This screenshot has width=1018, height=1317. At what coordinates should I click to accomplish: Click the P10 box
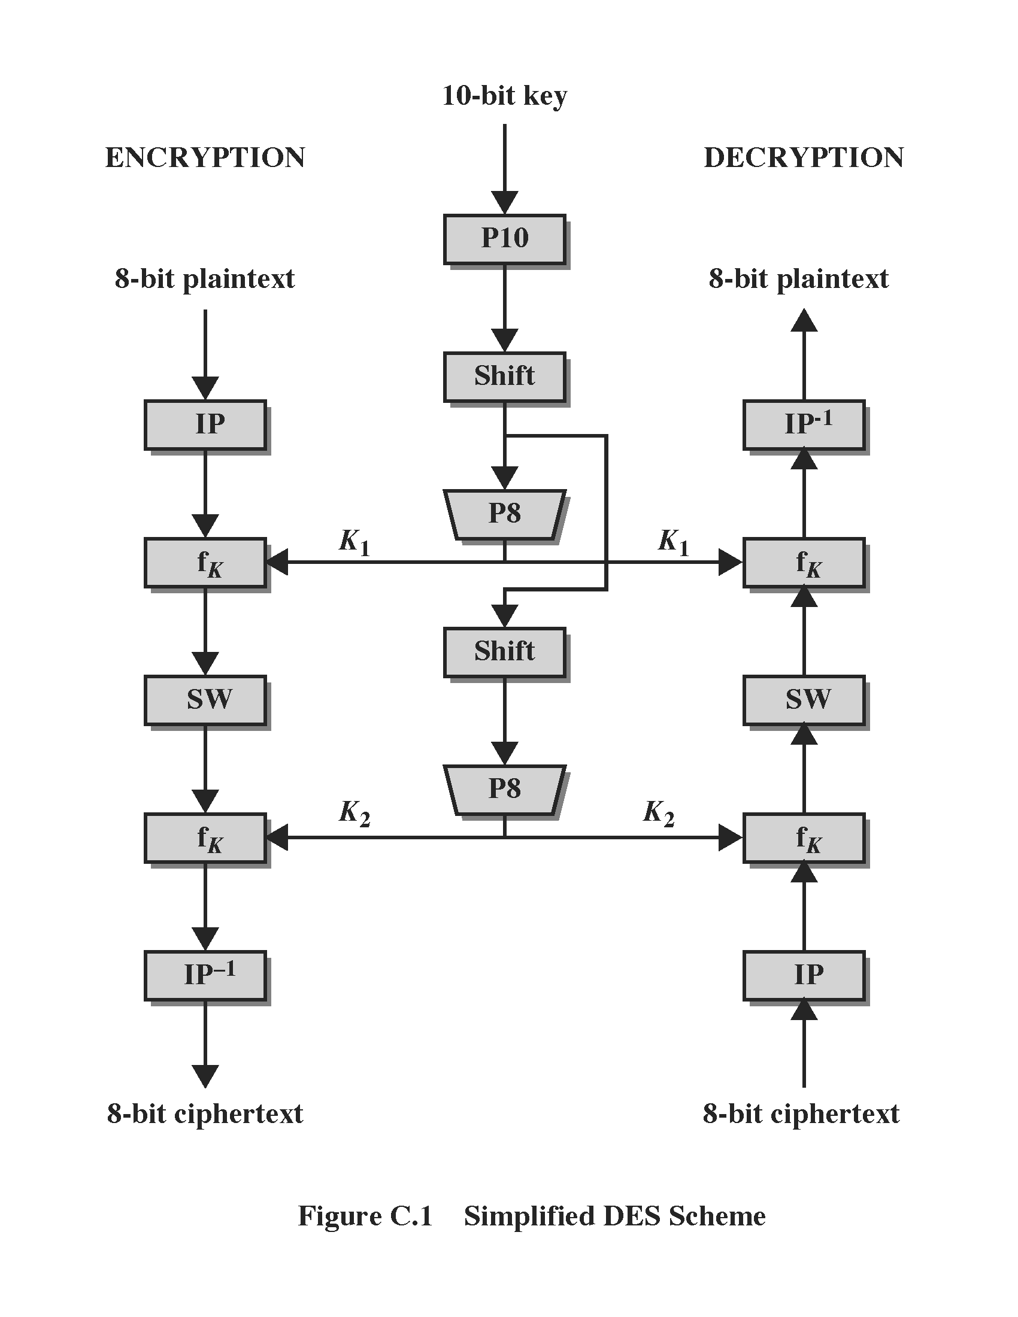pyautogui.click(x=504, y=239)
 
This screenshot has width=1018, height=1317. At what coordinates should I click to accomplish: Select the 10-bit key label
pyautogui.click(x=504, y=95)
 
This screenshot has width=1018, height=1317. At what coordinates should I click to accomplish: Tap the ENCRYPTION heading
pyautogui.click(x=205, y=157)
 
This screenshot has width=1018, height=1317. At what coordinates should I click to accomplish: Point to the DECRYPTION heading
pyautogui.click(x=803, y=157)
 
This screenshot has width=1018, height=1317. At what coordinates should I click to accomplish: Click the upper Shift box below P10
pyautogui.click(x=504, y=377)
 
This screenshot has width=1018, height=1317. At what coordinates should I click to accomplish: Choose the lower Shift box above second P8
pyautogui.click(x=504, y=652)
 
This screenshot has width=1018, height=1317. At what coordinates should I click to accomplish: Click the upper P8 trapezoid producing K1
pyautogui.click(x=504, y=514)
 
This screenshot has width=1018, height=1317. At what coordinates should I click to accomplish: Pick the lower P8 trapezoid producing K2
pyautogui.click(x=504, y=790)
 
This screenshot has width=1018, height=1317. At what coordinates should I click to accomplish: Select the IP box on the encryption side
pyautogui.click(x=205, y=424)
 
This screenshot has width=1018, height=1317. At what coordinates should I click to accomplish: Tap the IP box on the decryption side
pyautogui.click(x=803, y=975)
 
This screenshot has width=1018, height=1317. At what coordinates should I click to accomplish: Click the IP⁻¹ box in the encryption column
pyautogui.click(x=205, y=975)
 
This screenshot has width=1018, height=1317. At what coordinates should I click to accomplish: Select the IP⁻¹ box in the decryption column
pyautogui.click(x=803, y=424)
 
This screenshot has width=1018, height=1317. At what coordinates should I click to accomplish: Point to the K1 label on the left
pyautogui.click(x=354, y=542)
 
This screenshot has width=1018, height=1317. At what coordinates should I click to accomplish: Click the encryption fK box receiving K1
pyautogui.click(x=205, y=563)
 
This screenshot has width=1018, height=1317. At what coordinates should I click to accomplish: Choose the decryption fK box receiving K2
pyautogui.click(x=803, y=837)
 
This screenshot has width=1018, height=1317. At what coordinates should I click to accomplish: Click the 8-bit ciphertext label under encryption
pyautogui.click(x=205, y=1113)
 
